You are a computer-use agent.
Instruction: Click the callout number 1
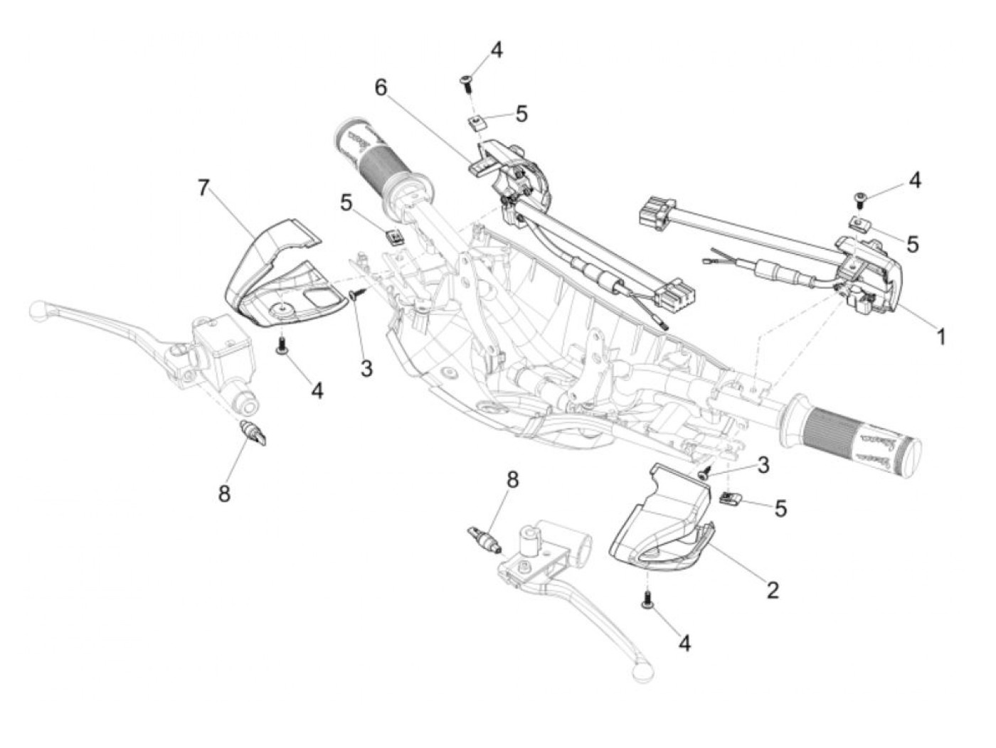coord(941,336)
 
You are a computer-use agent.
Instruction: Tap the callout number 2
coord(773,589)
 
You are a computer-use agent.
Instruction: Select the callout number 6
coord(382,87)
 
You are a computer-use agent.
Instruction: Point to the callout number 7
coord(204,188)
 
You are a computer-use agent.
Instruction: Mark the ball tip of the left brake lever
coord(36,310)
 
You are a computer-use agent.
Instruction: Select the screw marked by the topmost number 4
coord(467,82)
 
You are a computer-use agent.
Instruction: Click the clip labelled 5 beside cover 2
coord(729,498)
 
